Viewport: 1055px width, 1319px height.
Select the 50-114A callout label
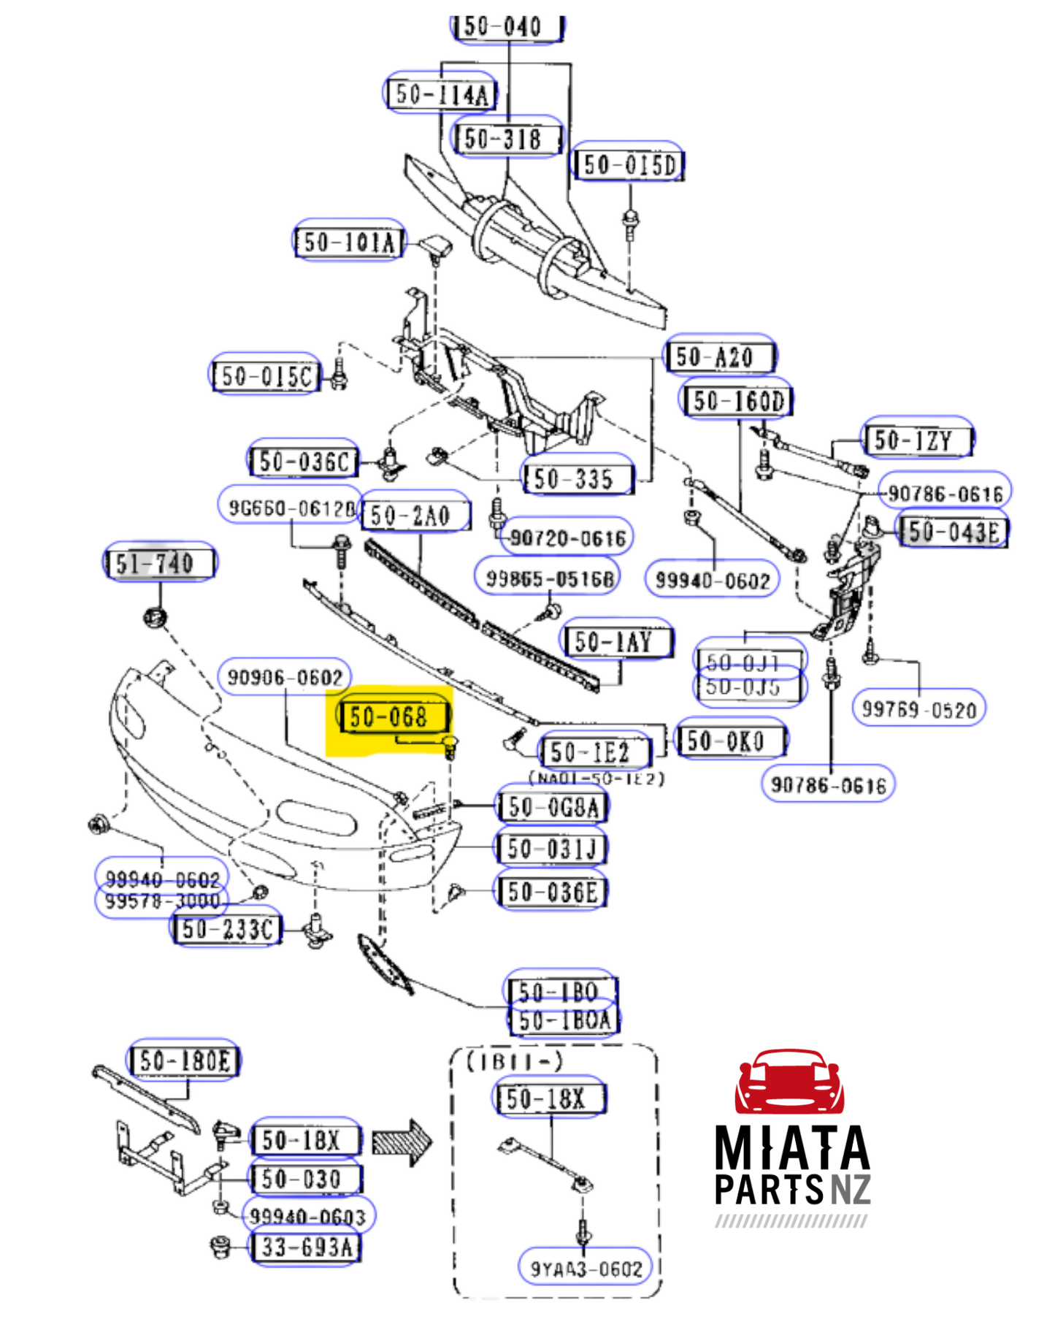pyautogui.click(x=440, y=93)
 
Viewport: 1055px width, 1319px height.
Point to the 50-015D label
pyautogui.click(x=629, y=164)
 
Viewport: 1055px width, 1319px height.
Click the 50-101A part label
pyautogui.click(x=348, y=241)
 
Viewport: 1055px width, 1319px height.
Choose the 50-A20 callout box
pyautogui.click(x=720, y=356)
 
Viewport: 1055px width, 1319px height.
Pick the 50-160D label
pyautogui.click(x=737, y=400)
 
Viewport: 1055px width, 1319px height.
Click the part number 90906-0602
pyautogui.click(x=285, y=677)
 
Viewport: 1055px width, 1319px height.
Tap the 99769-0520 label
pyautogui.click(x=918, y=708)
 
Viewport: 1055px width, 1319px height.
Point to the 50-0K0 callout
pyautogui.click(x=731, y=741)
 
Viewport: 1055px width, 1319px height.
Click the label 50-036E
pyautogui.click(x=551, y=891)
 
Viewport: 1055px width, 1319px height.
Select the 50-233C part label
pyautogui.click(x=226, y=929)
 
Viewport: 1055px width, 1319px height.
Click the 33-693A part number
pyautogui.click(x=306, y=1247)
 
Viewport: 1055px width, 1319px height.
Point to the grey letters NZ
pyautogui.click(x=851, y=1189)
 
